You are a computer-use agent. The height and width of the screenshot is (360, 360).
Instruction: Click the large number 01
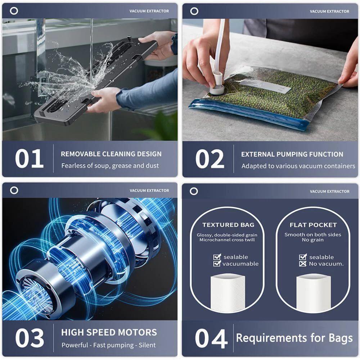pyautogui.click(x=29, y=158)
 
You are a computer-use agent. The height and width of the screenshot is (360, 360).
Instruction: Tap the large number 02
pyautogui.click(x=210, y=159)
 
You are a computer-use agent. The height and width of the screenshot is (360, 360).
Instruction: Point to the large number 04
pyautogui.click(x=211, y=338)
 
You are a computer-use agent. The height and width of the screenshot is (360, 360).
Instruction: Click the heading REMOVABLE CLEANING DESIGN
pyautogui.click(x=111, y=154)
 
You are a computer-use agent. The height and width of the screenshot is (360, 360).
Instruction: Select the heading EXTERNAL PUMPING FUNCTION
pyautogui.click(x=292, y=154)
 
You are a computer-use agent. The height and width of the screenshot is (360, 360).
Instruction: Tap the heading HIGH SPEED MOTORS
pyautogui.click(x=109, y=332)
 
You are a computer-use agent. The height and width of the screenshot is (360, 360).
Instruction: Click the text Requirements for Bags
pyautogui.click(x=294, y=338)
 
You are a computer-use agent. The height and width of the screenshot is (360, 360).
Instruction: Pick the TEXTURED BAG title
pyautogui.click(x=228, y=225)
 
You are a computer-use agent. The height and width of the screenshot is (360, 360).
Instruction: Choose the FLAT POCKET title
pyautogui.click(x=313, y=225)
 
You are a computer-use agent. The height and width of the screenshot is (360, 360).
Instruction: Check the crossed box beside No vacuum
pyautogui.click(x=303, y=264)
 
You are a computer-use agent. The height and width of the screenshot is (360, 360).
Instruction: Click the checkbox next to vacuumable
pyautogui.click(x=217, y=264)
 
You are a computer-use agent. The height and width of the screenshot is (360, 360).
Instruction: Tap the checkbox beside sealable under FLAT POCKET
pyautogui.click(x=303, y=257)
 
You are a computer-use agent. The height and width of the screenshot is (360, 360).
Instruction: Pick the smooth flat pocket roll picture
pyautogui.click(x=312, y=292)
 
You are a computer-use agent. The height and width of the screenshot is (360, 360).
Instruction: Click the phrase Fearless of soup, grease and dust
pyautogui.click(x=110, y=166)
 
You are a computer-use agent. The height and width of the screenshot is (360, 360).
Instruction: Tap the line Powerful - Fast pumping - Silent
pyautogui.click(x=108, y=345)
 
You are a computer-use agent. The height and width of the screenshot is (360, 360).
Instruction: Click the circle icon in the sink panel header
pyautogui.click(x=14, y=11)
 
